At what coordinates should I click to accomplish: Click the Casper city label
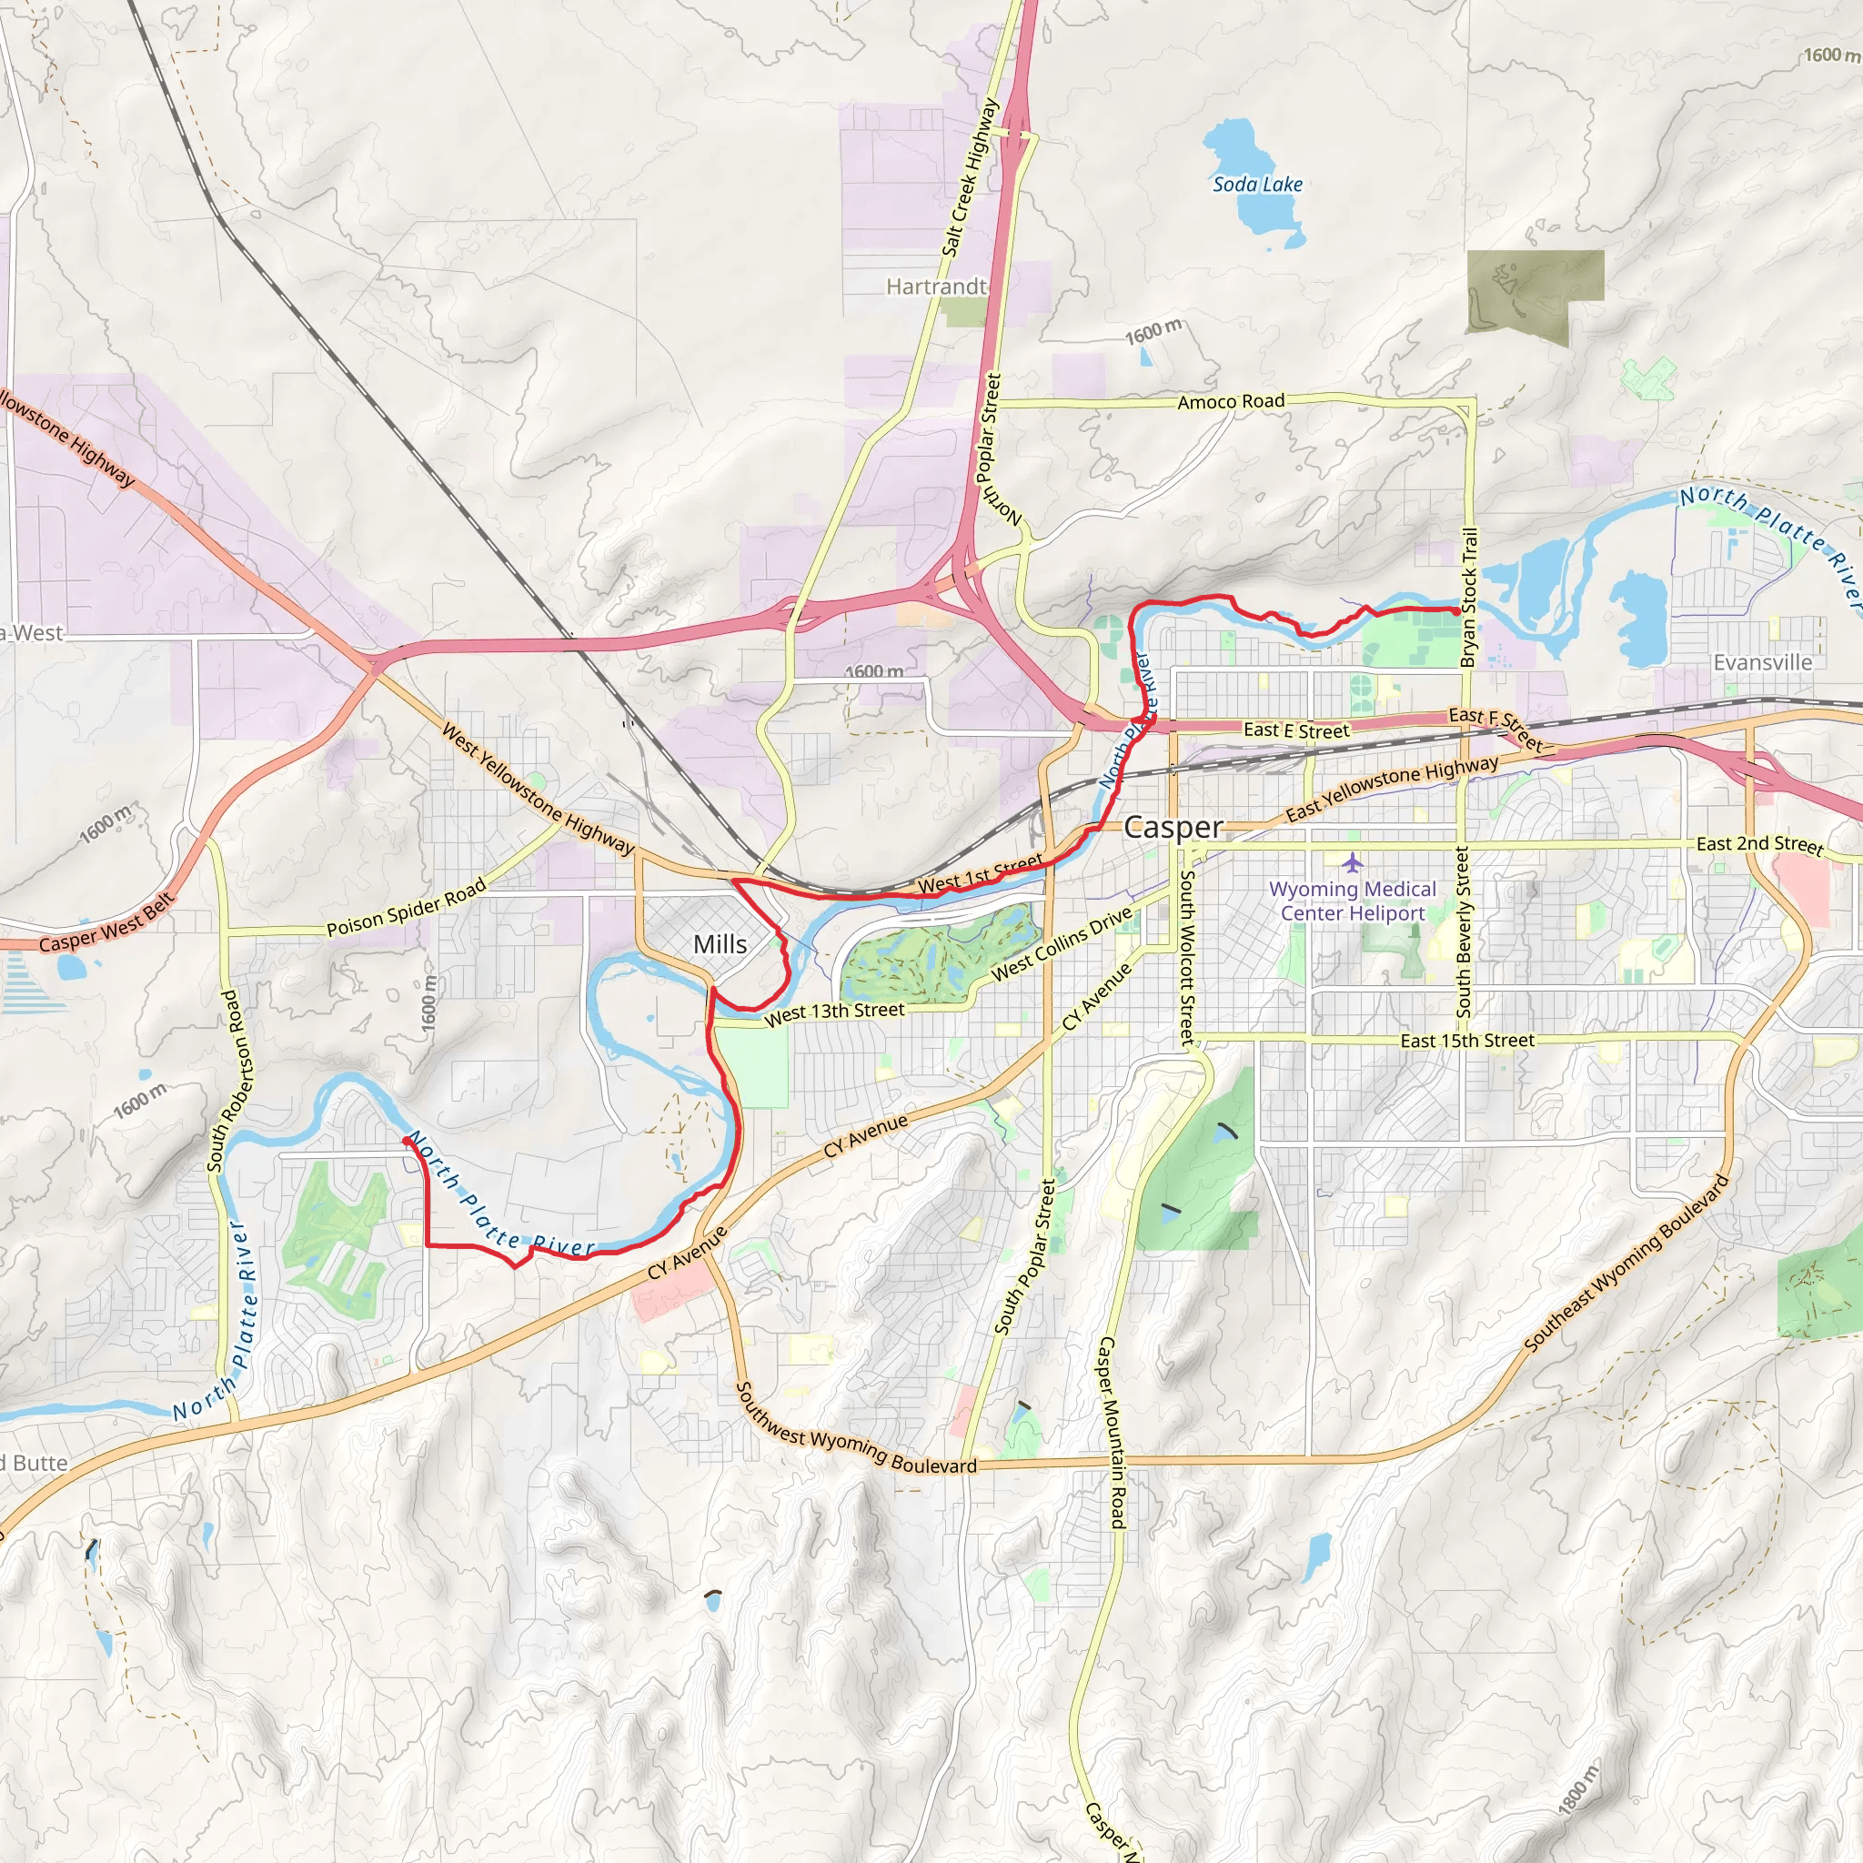coord(1173,828)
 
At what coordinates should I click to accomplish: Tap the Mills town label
coord(720,944)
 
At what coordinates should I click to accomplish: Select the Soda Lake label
coord(1256,184)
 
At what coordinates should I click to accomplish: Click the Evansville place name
coord(1762,662)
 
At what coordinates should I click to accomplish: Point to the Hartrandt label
coord(936,287)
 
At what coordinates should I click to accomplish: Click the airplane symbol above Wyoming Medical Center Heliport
coord(1352,861)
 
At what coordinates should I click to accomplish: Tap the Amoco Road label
coord(1231,401)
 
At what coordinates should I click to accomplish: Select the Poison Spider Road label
coord(406,909)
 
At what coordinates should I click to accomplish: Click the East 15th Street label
coord(1465,1042)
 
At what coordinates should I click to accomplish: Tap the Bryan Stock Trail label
coord(1468,598)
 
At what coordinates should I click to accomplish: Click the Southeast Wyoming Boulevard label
coord(1626,1264)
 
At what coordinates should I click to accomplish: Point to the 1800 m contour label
coord(1577,1793)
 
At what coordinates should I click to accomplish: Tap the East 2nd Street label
coord(1759,845)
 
